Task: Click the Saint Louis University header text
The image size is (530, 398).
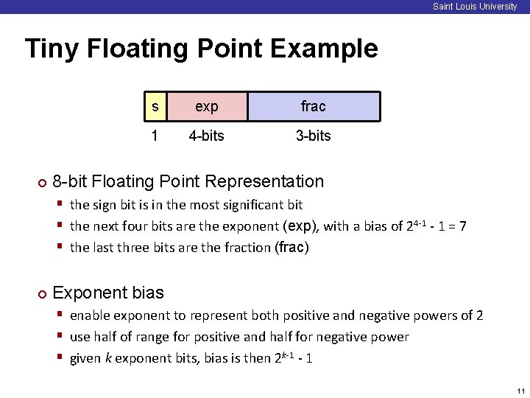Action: [475, 7]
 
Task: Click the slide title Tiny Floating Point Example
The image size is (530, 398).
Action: [201, 49]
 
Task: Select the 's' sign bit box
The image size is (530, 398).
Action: [155, 106]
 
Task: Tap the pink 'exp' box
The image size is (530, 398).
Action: [207, 106]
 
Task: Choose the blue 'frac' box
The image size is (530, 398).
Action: [314, 106]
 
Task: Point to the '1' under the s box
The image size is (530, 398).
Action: [155, 136]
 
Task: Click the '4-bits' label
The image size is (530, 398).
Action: [207, 136]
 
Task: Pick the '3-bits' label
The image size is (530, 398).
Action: [314, 136]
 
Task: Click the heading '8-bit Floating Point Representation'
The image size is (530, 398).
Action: [188, 181]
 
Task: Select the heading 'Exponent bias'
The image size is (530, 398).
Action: [108, 293]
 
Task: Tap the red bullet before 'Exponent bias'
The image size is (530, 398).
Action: [42, 294]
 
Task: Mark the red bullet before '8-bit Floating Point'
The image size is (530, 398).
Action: [42, 183]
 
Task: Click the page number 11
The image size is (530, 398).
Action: [520, 391]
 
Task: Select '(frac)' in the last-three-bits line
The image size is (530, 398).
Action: [291, 248]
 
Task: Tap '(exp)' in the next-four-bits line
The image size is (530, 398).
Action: [301, 226]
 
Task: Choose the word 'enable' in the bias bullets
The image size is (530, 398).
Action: [91, 315]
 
